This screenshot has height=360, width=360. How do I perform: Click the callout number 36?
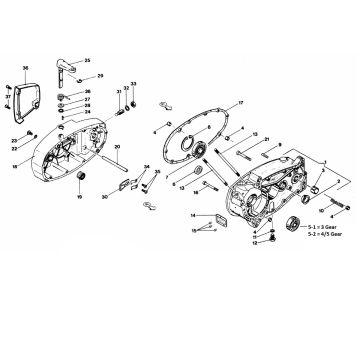tap(25, 67)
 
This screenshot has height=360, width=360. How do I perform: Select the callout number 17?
tap(240, 104)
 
